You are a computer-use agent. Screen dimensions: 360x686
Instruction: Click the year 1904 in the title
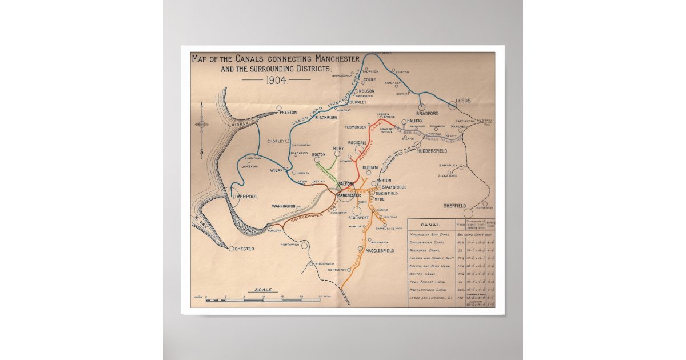[276, 79]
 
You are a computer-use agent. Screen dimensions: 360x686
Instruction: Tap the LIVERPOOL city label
[246, 196]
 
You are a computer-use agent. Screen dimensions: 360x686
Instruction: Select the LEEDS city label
[463, 101]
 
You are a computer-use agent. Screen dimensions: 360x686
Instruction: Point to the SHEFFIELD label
[454, 206]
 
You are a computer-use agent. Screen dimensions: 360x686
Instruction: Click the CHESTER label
[245, 249]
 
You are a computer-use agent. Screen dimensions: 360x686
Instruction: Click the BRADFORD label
[428, 114]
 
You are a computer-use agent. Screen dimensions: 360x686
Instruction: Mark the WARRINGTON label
[284, 206]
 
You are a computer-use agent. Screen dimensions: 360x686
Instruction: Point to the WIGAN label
[277, 170]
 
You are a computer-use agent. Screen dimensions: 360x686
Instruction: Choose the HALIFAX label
[415, 121]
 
